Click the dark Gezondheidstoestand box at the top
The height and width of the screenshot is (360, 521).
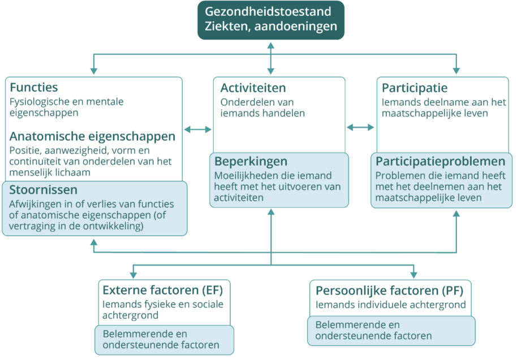271,20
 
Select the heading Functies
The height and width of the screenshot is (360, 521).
34,88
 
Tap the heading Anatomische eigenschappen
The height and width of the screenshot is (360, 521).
92,136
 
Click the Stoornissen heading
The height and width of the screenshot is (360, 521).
43,190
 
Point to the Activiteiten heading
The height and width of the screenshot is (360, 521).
253,88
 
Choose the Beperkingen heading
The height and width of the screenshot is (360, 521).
251,162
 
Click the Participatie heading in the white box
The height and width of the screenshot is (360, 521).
415,88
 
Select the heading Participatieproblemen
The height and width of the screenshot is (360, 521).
441,162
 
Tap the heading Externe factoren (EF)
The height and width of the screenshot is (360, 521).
163,290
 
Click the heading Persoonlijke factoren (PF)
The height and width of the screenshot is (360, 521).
389,290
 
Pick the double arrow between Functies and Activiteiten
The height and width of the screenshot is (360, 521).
197,129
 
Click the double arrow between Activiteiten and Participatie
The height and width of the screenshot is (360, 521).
360,127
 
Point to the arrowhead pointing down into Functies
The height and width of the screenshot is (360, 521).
94,71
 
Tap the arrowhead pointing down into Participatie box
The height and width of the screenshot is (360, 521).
456,71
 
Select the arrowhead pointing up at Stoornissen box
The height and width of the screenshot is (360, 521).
94,242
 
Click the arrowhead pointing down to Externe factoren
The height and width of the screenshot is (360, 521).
134,275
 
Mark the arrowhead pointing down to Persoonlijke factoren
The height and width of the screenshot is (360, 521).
414,275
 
